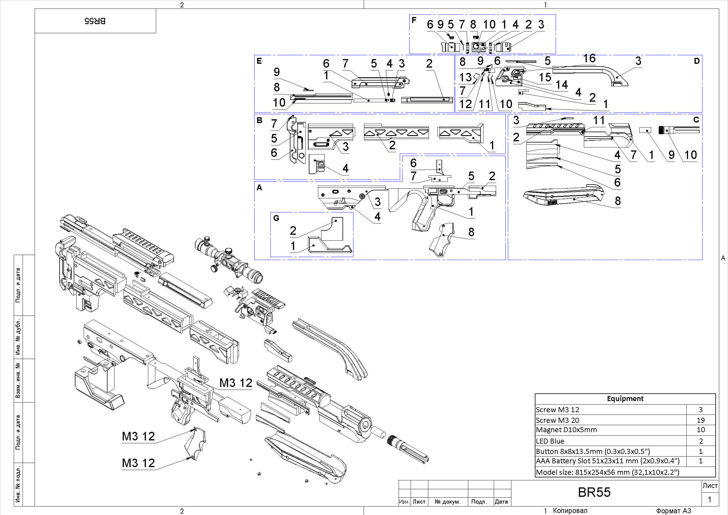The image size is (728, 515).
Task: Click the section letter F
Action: (x=414, y=20)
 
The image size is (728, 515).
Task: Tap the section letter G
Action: (x=276, y=218)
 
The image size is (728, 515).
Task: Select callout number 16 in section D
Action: (x=589, y=58)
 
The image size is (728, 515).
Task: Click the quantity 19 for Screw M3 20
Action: (x=700, y=420)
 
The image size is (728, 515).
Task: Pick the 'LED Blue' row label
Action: (x=550, y=441)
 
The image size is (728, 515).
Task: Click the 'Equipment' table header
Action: (x=625, y=399)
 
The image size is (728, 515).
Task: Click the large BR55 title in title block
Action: (x=594, y=492)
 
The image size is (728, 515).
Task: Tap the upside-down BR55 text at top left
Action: (x=95, y=21)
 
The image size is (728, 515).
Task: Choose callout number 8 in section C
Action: (x=618, y=201)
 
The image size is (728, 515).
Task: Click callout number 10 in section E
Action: (x=279, y=103)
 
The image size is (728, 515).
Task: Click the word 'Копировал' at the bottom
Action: (x=570, y=511)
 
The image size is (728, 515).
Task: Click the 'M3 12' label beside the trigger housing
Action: (x=236, y=383)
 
